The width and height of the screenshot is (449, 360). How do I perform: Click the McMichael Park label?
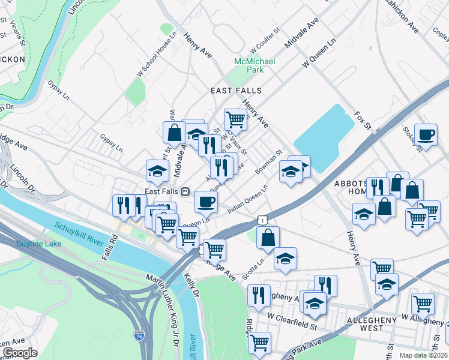(x=255, y=65)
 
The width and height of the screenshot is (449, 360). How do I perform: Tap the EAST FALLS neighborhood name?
(x=236, y=90)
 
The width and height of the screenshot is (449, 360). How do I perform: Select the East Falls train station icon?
(x=185, y=191)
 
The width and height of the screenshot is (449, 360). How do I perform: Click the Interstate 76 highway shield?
(x=139, y=337)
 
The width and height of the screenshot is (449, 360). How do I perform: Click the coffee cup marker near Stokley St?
(x=426, y=134)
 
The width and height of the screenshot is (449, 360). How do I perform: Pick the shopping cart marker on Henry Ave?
(x=236, y=119)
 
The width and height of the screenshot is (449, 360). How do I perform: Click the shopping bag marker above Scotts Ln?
(x=268, y=237)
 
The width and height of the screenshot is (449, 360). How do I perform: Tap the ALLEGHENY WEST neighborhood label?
(x=372, y=324)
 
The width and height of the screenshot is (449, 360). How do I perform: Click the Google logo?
(x=20, y=353)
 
